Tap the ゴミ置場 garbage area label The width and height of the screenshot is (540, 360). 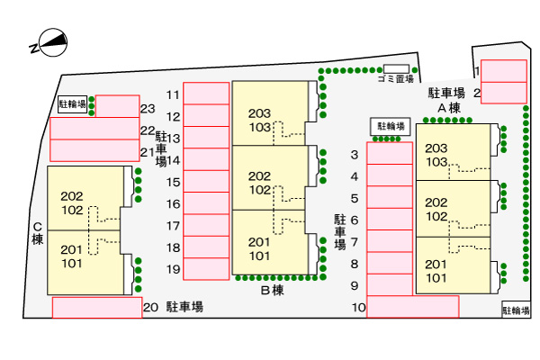click(x=395, y=78)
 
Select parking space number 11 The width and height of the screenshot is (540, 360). click(x=206, y=94)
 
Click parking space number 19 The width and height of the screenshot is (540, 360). click(x=206, y=268)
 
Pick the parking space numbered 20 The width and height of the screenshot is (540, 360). click(x=97, y=307)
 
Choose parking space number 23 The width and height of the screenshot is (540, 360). click(x=117, y=106)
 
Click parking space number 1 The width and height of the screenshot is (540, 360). click(x=503, y=70)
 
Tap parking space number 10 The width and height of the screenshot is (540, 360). click(x=412, y=307)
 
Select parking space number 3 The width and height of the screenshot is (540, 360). click(x=390, y=154)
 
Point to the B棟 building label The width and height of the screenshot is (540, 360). click(x=272, y=290)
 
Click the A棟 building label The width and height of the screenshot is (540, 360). click(x=449, y=108)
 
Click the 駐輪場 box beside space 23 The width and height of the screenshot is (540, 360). click(x=73, y=104)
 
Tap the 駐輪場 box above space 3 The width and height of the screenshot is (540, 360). click(x=390, y=126)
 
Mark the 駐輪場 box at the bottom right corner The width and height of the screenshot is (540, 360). click(x=516, y=310)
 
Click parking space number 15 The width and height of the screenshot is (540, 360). click(x=206, y=181)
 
